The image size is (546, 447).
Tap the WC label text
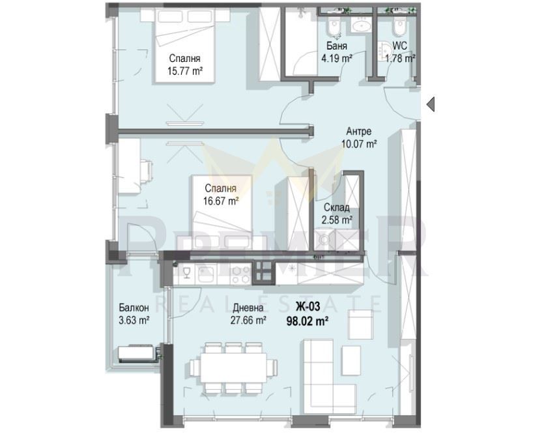coord(399,46)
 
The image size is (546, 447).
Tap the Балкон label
coord(134,308)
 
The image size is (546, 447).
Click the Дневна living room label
coord(248,308)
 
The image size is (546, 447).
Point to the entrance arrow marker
coord(430,104)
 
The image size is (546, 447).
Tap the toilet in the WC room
coord(399,26)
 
